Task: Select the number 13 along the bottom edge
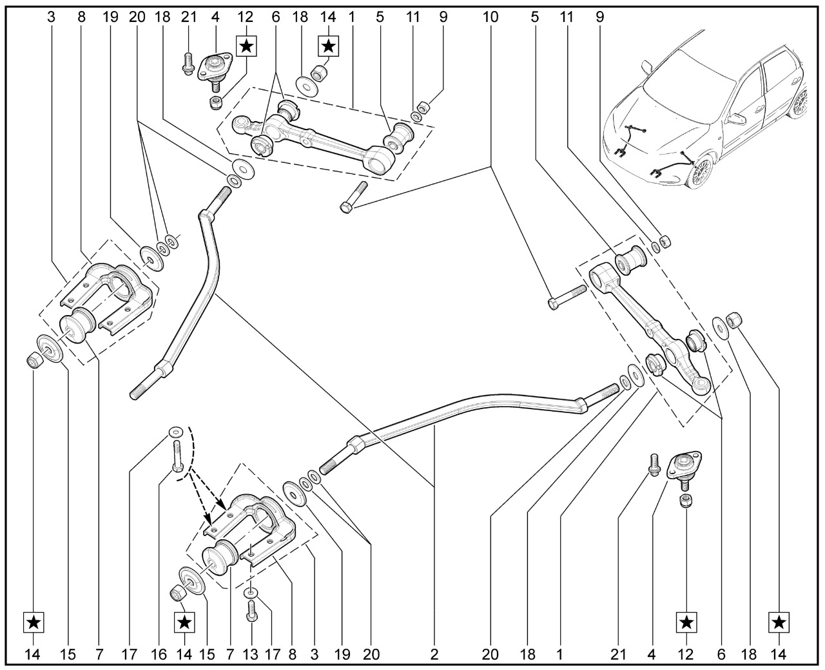coord(251,655)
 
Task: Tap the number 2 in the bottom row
coord(434,655)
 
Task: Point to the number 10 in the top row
coord(490,17)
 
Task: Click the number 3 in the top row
coord(52,17)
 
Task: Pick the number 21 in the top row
coord(188,17)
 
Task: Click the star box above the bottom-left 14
coord(34,622)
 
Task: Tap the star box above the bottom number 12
coord(686,622)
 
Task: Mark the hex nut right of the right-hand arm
coord(733,319)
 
